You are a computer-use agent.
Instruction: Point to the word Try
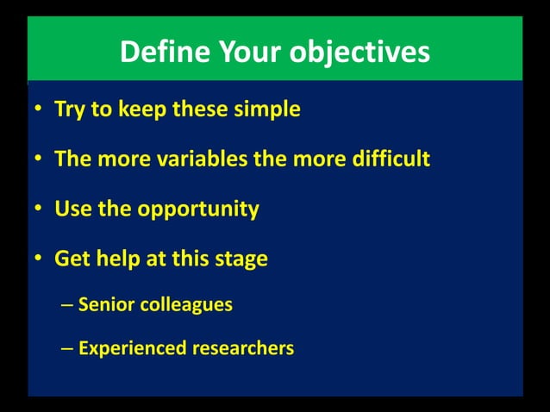[69, 110]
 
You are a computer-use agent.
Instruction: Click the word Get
[72, 259]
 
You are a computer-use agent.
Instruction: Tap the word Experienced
[132, 349]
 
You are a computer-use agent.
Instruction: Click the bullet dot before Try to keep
[39, 111]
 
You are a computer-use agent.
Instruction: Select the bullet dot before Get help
[39, 259]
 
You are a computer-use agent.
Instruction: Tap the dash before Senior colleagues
[67, 305]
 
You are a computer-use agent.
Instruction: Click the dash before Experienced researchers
[67, 349]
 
